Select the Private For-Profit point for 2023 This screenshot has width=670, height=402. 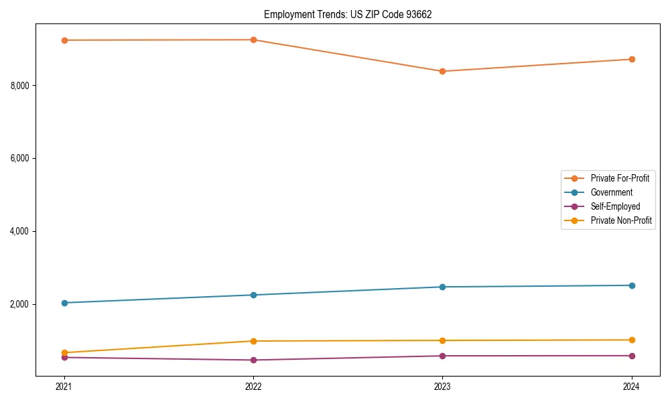(442, 71)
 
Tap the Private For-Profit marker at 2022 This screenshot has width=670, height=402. (253, 40)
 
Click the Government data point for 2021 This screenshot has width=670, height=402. (64, 303)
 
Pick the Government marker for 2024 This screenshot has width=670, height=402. (632, 285)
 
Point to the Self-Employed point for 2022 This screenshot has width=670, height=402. (253, 360)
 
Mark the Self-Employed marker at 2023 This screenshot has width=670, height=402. (442, 356)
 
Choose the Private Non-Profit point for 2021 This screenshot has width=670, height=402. (64, 352)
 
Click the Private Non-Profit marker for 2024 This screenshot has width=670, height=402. (632, 340)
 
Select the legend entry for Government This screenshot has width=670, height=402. (611, 192)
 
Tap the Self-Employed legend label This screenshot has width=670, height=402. (615, 206)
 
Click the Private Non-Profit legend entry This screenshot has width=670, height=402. (621, 220)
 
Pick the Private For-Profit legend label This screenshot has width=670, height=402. (620, 178)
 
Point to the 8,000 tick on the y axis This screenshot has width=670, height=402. (21, 86)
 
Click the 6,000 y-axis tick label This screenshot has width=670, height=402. (21, 159)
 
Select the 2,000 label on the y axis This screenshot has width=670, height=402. (21, 304)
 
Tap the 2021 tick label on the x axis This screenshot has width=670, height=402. (64, 387)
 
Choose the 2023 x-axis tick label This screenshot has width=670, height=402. (442, 387)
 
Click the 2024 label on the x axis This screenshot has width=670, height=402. (632, 387)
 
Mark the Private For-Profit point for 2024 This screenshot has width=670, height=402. (632, 59)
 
